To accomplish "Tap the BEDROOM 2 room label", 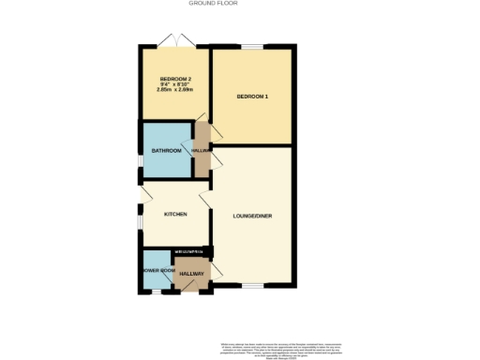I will (175, 79).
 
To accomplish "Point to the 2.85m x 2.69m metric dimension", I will (175, 90).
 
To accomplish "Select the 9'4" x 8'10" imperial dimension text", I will (175, 84).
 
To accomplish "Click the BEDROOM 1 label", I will (252, 97).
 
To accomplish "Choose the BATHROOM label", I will (166, 150).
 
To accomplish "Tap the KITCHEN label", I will (175, 214).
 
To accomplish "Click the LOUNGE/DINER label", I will (252, 216).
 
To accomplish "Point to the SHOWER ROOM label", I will (157, 271).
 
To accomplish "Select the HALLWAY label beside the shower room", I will (191, 273).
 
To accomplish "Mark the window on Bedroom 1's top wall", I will (251, 46).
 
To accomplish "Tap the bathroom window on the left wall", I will (141, 162).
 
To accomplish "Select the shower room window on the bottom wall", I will (156, 291).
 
